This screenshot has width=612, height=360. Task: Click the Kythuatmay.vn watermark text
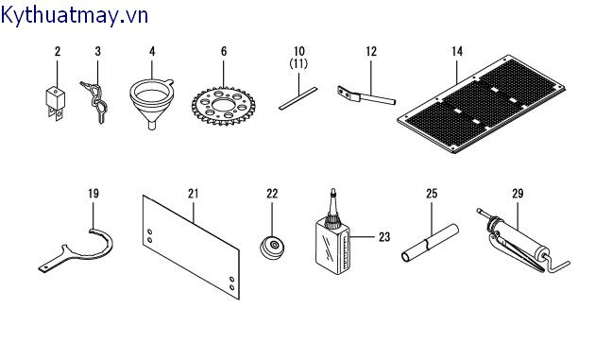point(75,16)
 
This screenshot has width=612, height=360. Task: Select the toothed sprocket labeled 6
point(224,106)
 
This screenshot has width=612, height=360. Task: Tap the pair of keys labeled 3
point(94,102)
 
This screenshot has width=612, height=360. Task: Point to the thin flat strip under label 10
point(298,98)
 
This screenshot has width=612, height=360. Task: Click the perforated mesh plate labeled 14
point(482,104)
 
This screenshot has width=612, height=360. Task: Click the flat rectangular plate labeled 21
point(191,248)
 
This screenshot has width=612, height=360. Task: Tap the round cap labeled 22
point(273,247)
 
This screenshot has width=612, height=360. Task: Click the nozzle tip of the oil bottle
point(333,191)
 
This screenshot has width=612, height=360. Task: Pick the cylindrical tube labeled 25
point(430,243)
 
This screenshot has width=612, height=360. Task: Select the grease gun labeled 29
point(521,242)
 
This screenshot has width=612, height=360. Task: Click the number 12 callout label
point(371,51)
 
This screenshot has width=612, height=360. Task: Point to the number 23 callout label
point(384,236)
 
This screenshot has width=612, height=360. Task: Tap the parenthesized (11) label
point(298,63)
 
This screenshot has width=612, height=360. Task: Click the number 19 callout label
point(93,194)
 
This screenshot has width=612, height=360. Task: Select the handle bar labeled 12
point(366,95)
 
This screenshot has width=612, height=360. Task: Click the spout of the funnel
point(151,126)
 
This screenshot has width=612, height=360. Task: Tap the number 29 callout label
point(518,194)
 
